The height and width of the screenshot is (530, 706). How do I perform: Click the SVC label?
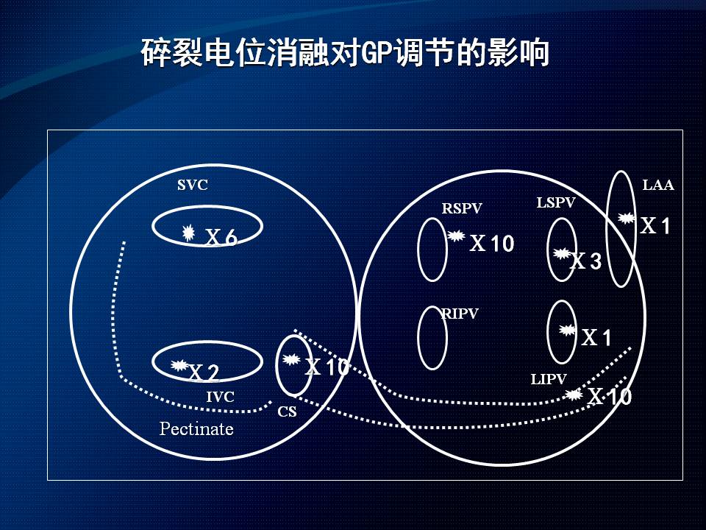click(x=192, y=185)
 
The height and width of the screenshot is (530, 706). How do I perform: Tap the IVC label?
click(x=220, y=397)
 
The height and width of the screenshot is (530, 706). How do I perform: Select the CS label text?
click(x=288, y=411)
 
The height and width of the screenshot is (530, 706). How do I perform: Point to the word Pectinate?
click(x=196, y=428)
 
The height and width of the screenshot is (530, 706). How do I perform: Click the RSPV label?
click(x=462, y=208)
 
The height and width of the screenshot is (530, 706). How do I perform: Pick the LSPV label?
click(x=556, y=202)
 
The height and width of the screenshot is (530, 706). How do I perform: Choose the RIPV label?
click(x=459, y=314)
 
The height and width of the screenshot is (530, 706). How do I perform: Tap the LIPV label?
click(x=549, y=379)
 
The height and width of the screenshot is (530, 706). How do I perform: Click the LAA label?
click(x=657, y=185)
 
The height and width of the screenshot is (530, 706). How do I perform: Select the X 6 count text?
click(x=221, y=237)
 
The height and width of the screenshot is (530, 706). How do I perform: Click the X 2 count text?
click(x=204, y=372)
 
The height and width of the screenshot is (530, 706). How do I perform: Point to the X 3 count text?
click(x=586, y=261)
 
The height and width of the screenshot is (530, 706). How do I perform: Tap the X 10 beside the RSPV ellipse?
click(x=492, y=244)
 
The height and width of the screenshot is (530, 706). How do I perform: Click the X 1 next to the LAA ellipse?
click(x=655, y=225)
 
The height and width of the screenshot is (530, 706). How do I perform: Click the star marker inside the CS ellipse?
click(x=291, y=359)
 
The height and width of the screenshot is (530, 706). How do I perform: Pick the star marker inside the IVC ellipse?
click(x=179, y=365)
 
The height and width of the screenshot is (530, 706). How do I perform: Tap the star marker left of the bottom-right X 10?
click(x=574, y=395)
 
